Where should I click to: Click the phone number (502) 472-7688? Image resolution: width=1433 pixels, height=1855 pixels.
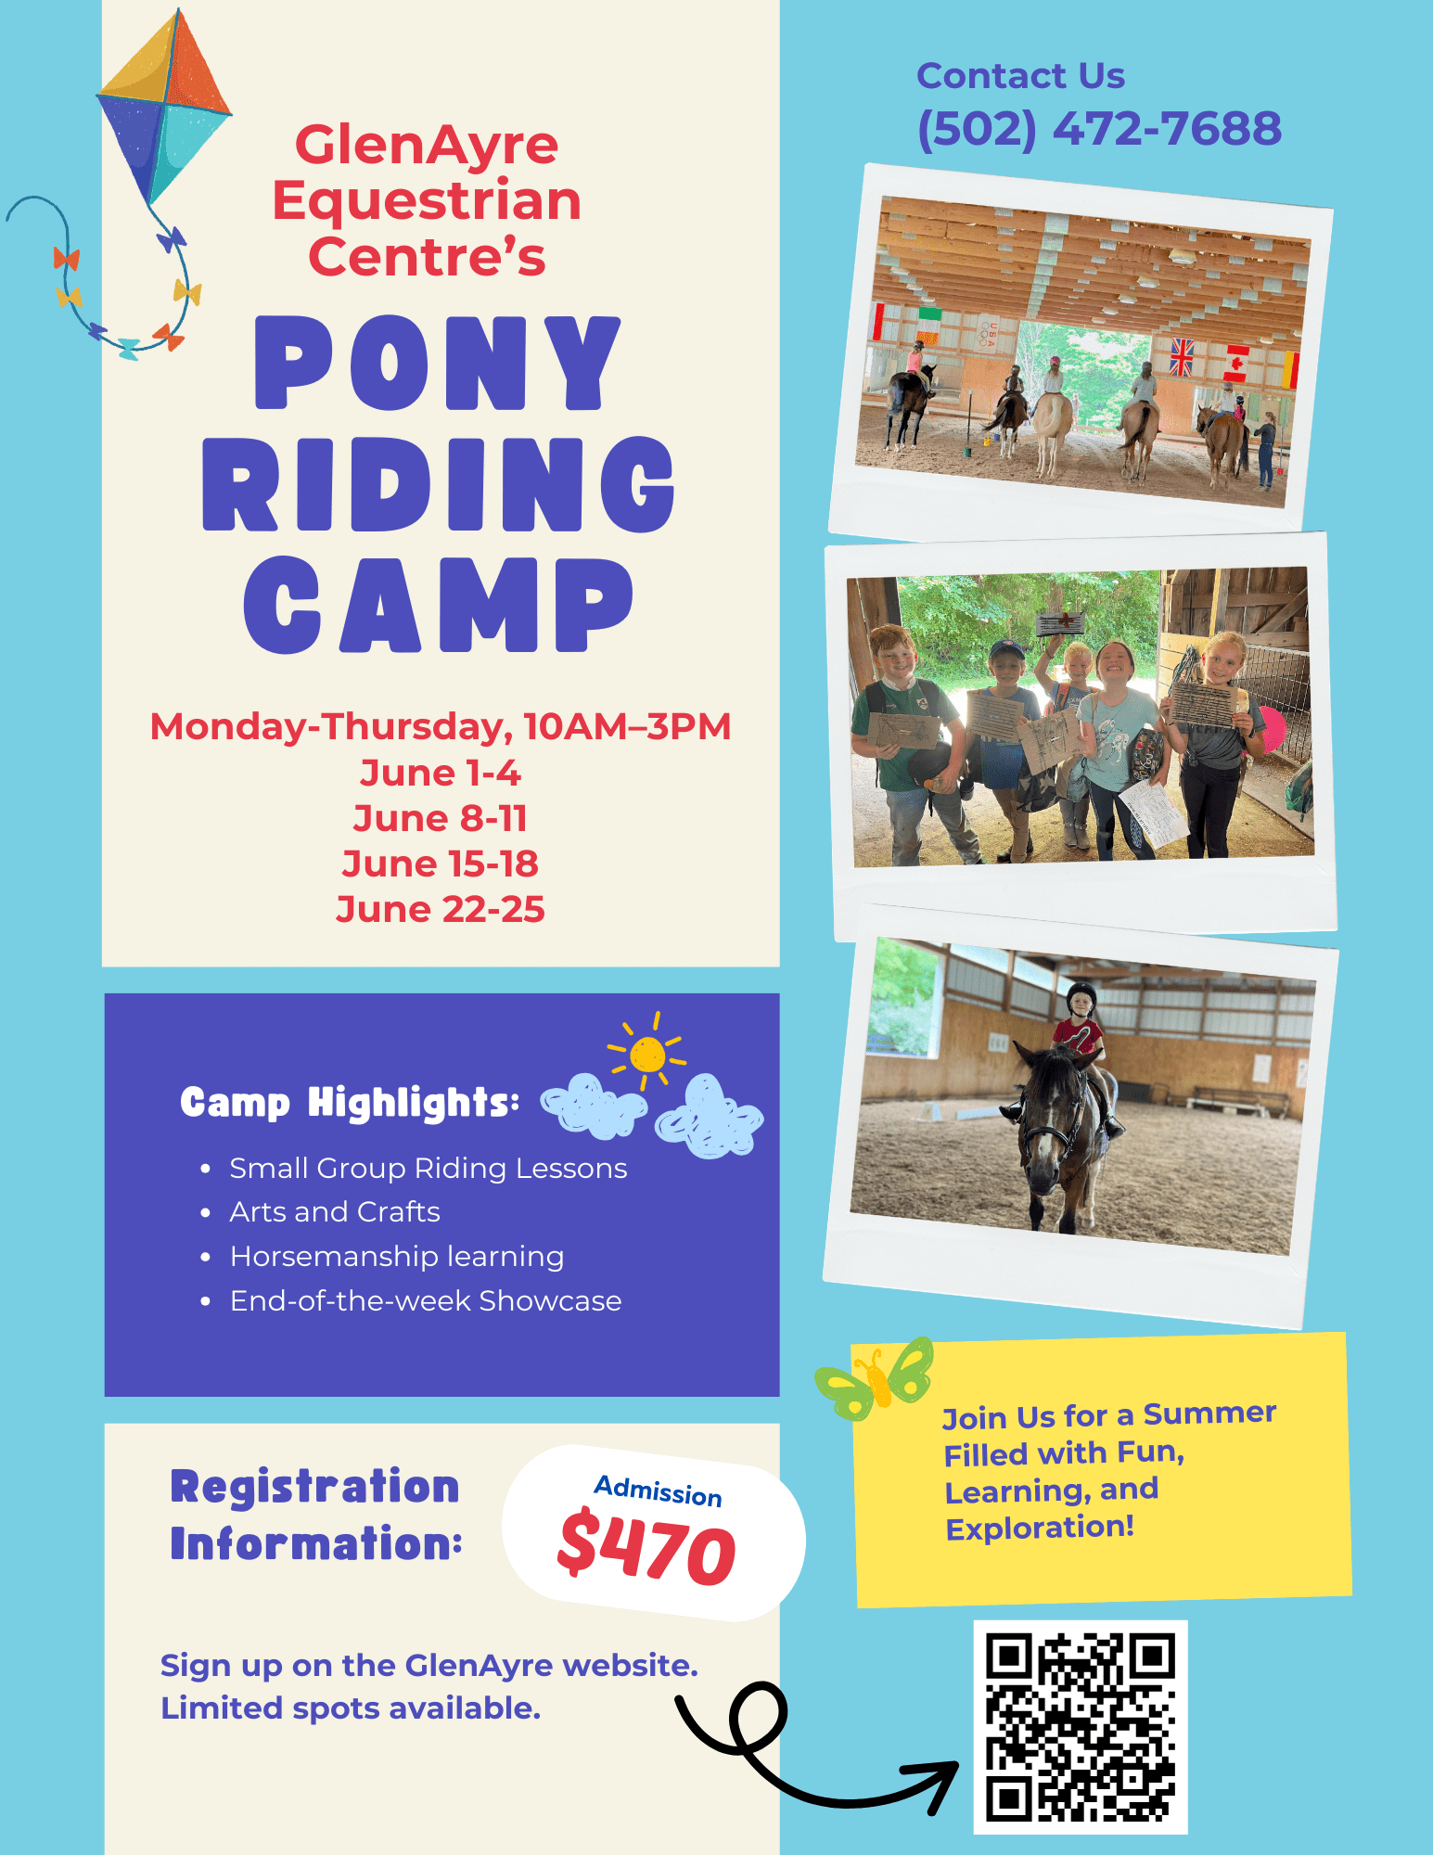[x=1099, y=129]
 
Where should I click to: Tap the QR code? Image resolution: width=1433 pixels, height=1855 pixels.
[x=1081, y=1727]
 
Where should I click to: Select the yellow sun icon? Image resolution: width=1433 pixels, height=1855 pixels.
[x=646, y=1053]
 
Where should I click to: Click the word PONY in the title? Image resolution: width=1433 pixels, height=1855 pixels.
[x=438, y=363]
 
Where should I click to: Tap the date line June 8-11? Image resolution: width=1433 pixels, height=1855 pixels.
[x=440, y=818]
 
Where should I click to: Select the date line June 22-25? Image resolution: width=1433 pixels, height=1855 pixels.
[x=440, y=909]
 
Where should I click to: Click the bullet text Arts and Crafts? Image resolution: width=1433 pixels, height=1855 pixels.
[x=335, y=1211]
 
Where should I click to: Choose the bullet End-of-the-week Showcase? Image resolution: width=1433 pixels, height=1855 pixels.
[x=426, y=1300]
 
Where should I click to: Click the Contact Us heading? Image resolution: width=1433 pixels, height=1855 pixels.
[x=1020, y=76]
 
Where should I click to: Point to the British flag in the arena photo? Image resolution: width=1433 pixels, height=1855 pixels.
[x=1182, y=357]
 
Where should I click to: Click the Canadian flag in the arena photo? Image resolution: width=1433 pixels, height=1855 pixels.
[x=1235, y=364]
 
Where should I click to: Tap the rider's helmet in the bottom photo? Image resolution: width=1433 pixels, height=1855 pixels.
[x=1081, y=999]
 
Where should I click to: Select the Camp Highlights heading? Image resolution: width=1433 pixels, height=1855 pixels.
[x=350, y=1103]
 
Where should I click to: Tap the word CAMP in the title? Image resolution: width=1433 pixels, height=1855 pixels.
[x=438, y=605]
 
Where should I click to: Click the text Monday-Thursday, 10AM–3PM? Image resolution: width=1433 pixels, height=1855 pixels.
[x=441, y=727]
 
